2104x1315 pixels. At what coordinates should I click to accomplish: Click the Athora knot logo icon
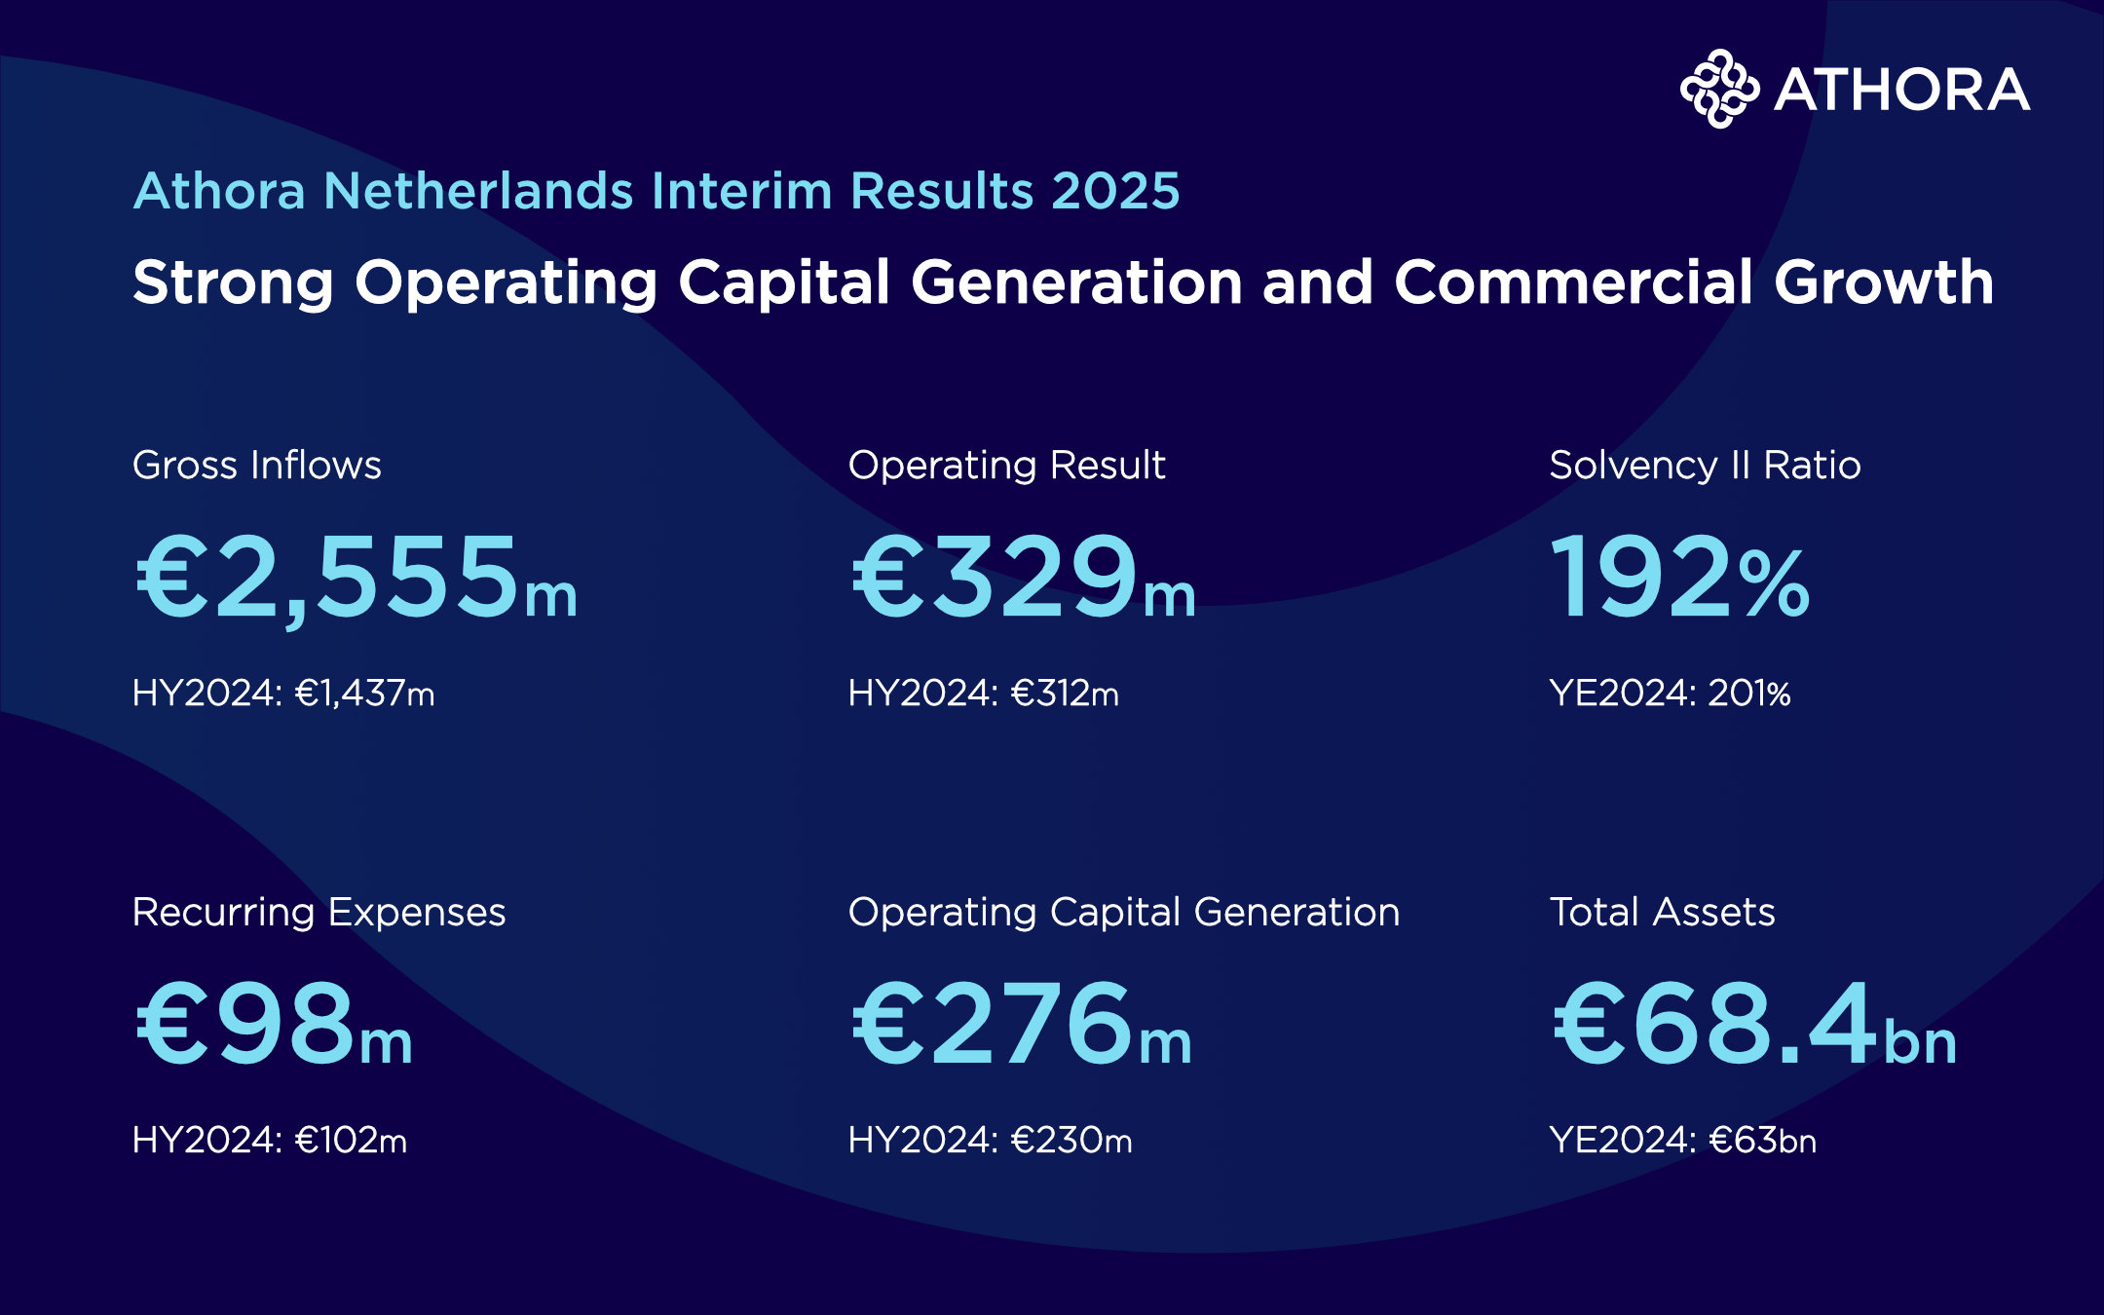(1719, 89)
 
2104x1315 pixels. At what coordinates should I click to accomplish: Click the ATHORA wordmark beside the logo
(1902, 90)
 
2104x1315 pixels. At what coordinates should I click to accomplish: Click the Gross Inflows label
(257, 465)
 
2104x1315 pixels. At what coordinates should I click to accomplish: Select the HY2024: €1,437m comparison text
(283, 693)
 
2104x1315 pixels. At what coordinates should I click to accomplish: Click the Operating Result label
(1007, 466)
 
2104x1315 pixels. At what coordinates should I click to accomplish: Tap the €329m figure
(1023, 577)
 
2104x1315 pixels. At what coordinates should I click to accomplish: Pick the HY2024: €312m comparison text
(984, 693)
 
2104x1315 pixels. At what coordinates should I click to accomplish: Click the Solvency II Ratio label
(1706, 465)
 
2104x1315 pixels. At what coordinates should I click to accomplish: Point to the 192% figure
(1680, 577)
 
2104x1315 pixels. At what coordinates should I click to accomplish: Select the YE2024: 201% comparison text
(1671, 693)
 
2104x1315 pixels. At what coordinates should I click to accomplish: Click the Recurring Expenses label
(319, 913)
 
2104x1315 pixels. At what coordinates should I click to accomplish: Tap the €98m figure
(275, 1024)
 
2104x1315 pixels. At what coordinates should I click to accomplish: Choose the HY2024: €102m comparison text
(270, 1140)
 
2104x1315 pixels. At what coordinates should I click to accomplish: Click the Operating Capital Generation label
(1124, 913)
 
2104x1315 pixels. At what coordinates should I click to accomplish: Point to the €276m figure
(1022, 1024)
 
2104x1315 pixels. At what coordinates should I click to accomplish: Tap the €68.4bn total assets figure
(1754, 1024)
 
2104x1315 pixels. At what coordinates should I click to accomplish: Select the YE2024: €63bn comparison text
(1683, 1140)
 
